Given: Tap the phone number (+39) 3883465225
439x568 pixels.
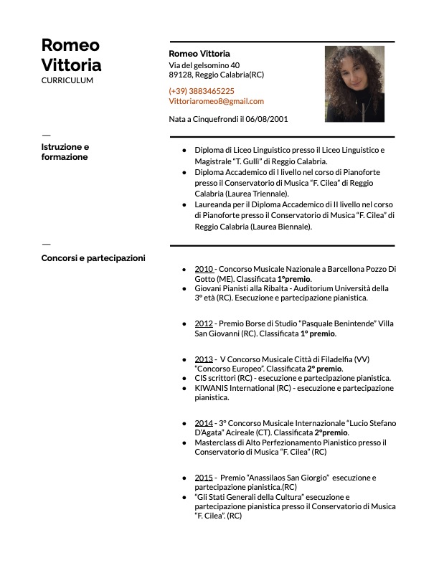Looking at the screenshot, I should [x=201, y=91].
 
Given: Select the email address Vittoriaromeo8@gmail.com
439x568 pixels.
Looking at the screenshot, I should [x=216, y=101].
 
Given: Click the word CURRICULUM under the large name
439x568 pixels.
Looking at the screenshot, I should [x=67, y=80].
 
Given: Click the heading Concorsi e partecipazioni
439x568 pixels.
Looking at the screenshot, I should [x=93, y=257].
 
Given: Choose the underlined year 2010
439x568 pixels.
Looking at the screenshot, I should [x=204, y=269].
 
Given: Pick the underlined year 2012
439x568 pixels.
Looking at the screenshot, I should [x=204, y=323].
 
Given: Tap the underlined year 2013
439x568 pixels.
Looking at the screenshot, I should [x=204, y=359].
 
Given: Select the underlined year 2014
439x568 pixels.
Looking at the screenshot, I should [x=204, y=423].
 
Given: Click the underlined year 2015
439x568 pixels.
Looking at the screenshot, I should [x=204, y=477].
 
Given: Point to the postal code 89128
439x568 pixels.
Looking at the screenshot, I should [x=180, y=74].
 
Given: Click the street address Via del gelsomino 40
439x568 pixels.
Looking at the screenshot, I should [x=204, y=65].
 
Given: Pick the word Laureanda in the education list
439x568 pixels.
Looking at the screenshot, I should [x=215, y=204].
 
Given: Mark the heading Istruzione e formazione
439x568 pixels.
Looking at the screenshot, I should [x=65, y=151].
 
